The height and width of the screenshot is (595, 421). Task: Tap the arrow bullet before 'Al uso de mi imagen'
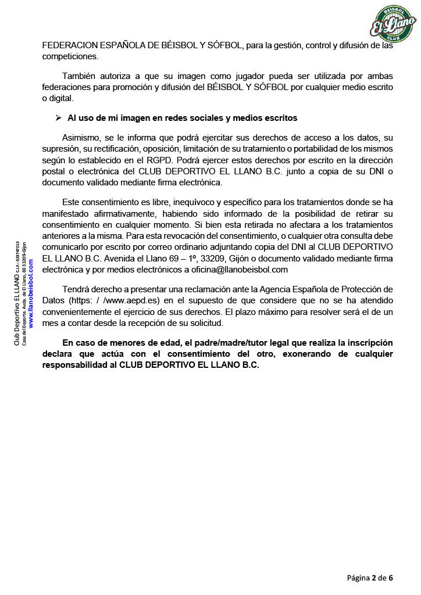(x=58, y=118)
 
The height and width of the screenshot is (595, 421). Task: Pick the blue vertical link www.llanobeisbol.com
(x=31, y=293)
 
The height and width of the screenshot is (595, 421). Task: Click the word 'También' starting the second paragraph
(x=80, y=76)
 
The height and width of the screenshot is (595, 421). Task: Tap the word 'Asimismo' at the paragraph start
(x=81, y=137)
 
